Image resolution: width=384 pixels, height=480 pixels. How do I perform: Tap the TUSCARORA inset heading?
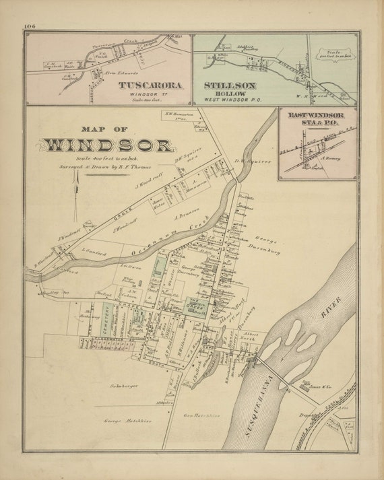152,85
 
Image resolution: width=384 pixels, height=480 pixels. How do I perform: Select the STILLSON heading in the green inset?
230,85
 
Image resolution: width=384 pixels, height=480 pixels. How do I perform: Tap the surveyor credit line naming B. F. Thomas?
108,166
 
